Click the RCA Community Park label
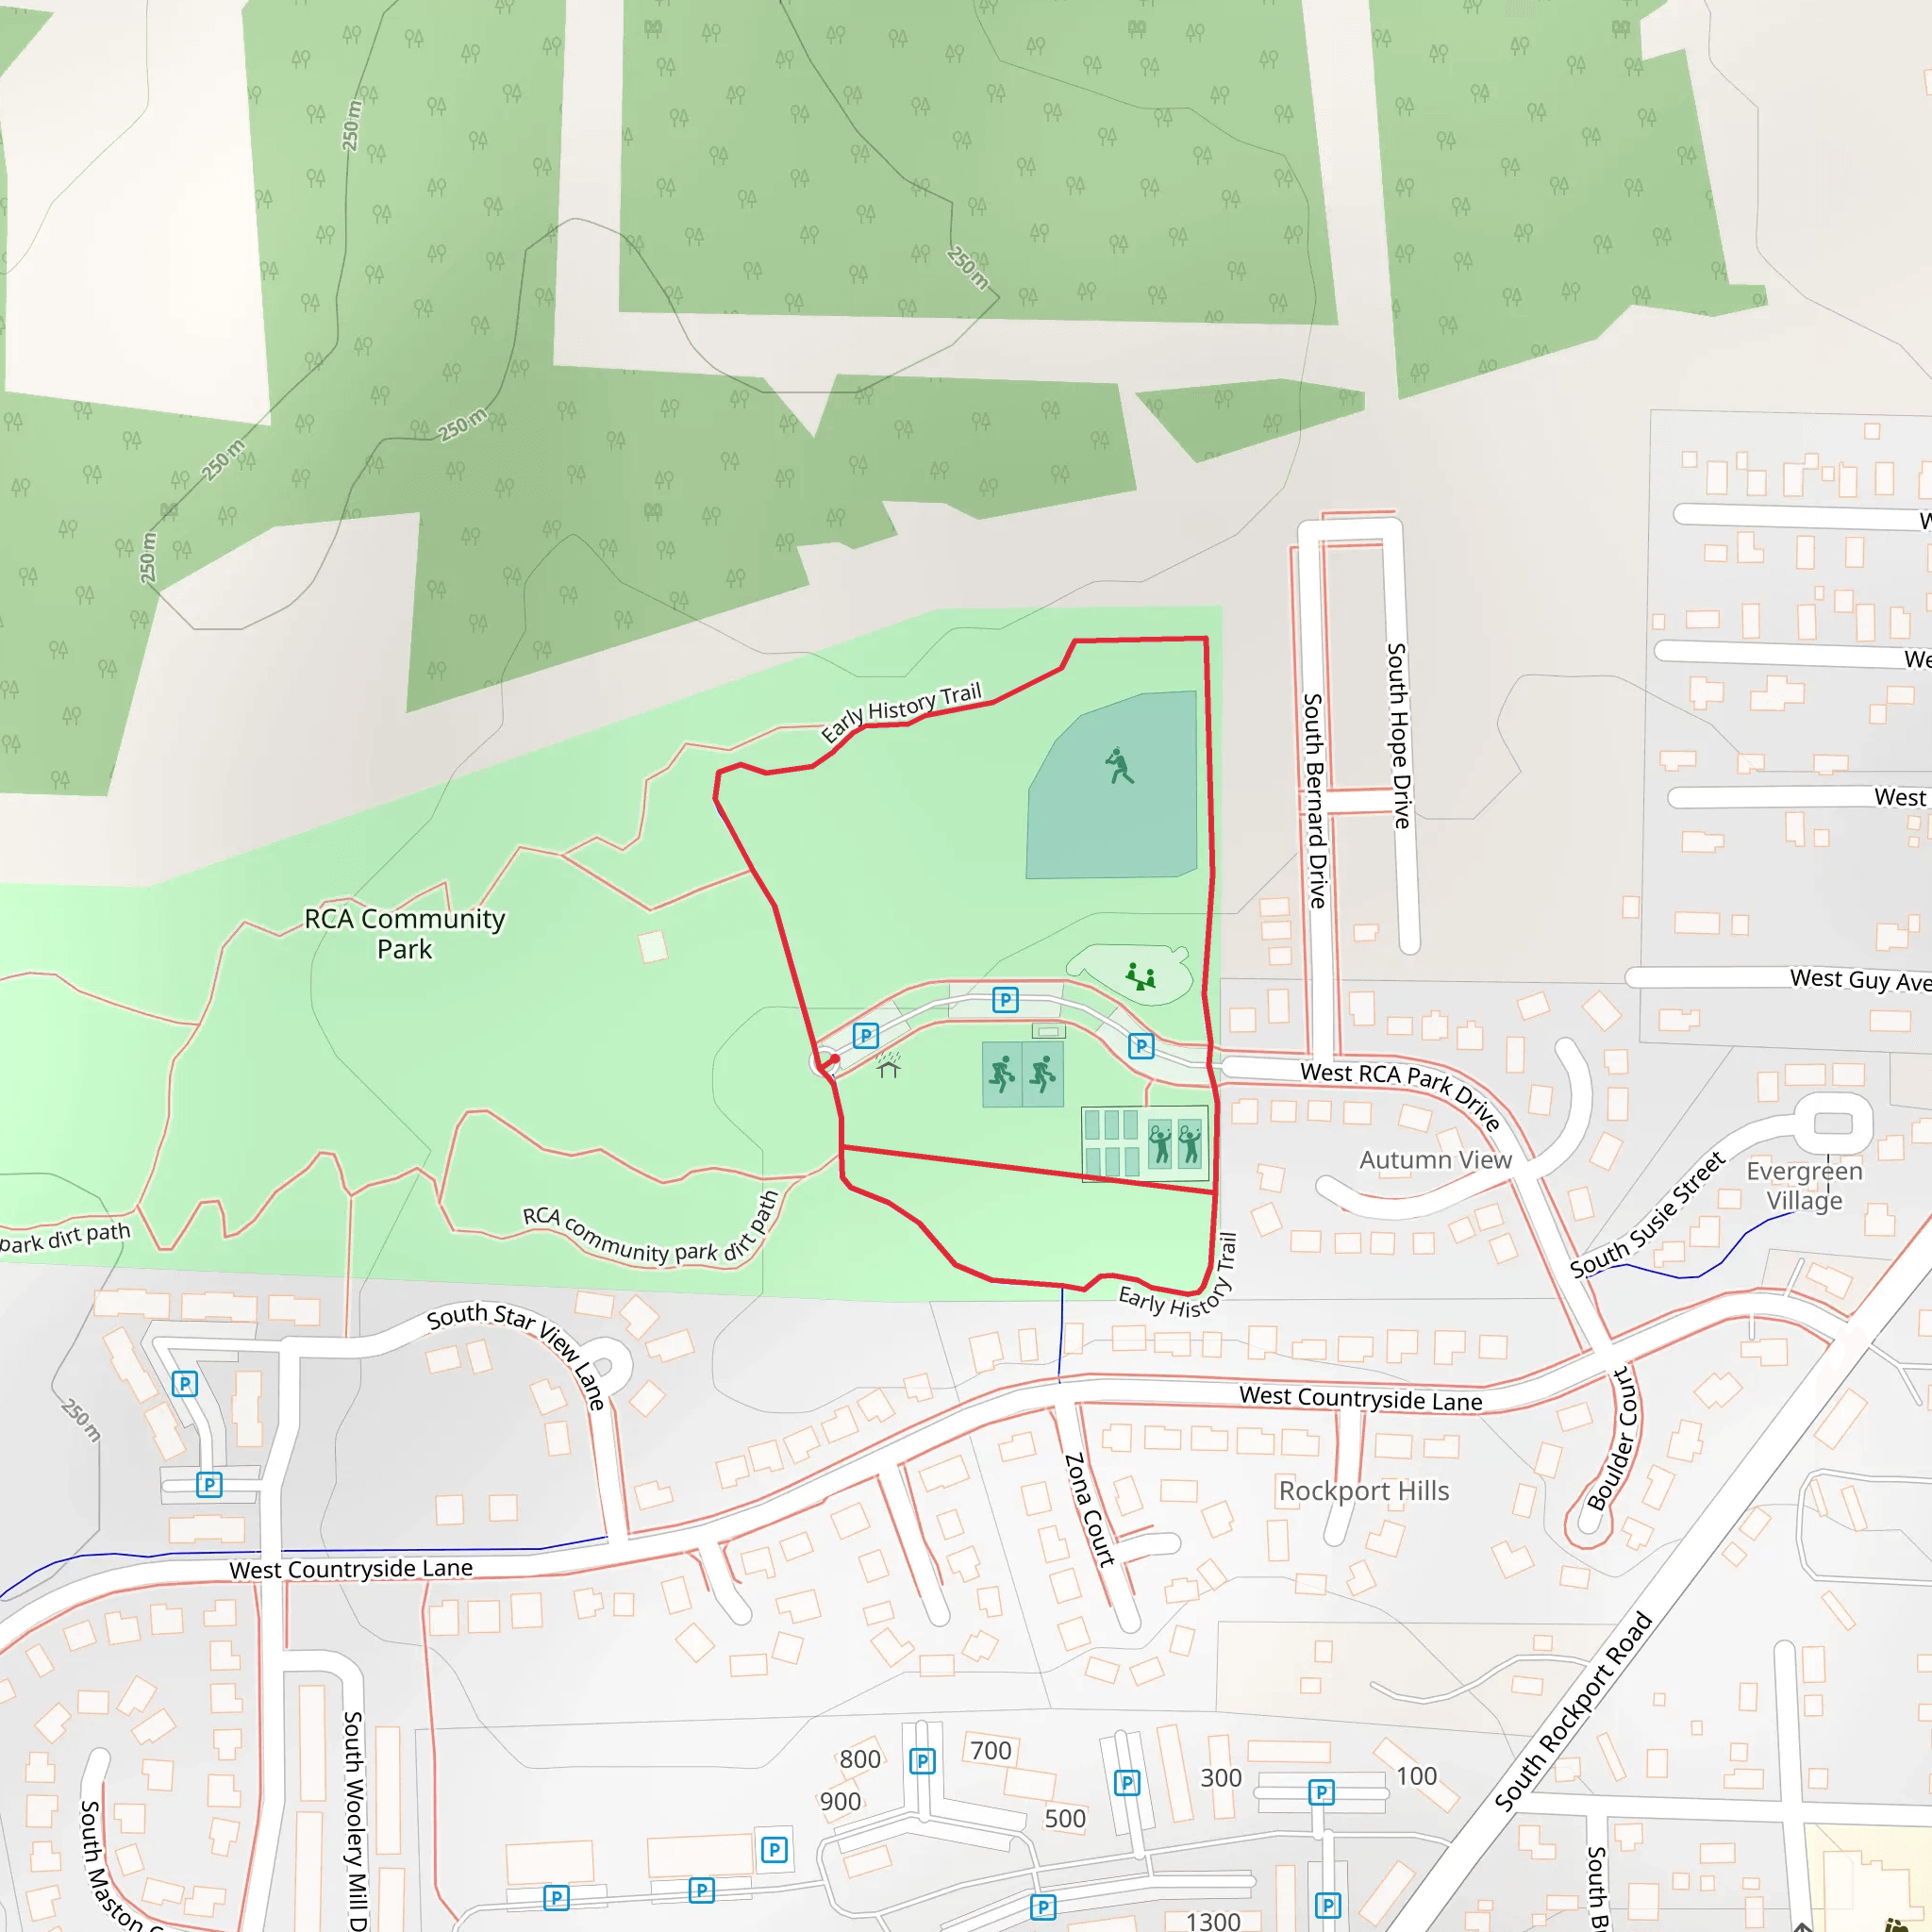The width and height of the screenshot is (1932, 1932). (x=404, y=933)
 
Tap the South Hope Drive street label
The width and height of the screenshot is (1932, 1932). (x=1399, y=735)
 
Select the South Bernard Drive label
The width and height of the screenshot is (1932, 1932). (x=1315, y=800)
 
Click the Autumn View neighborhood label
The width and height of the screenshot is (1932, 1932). (x=1435, y=1160)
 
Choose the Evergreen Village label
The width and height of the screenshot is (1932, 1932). (x=1804, y=1185)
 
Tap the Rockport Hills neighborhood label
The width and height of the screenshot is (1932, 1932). (x=1363, y=1491)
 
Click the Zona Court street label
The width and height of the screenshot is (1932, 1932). (x=1089, y=1510)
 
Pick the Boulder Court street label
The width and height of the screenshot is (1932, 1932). (x=1611, y=1440)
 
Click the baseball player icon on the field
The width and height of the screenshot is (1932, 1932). (x=1119, y=766)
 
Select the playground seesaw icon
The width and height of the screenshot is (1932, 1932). (x=1140, y=975)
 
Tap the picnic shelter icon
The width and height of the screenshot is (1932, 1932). (x=889, y=1066)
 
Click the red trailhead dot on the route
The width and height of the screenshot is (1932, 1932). (x=834, y=1059)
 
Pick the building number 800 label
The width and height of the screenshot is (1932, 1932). (x=860, y=1759)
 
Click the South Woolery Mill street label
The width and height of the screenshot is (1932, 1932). (x=354, y=1820)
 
